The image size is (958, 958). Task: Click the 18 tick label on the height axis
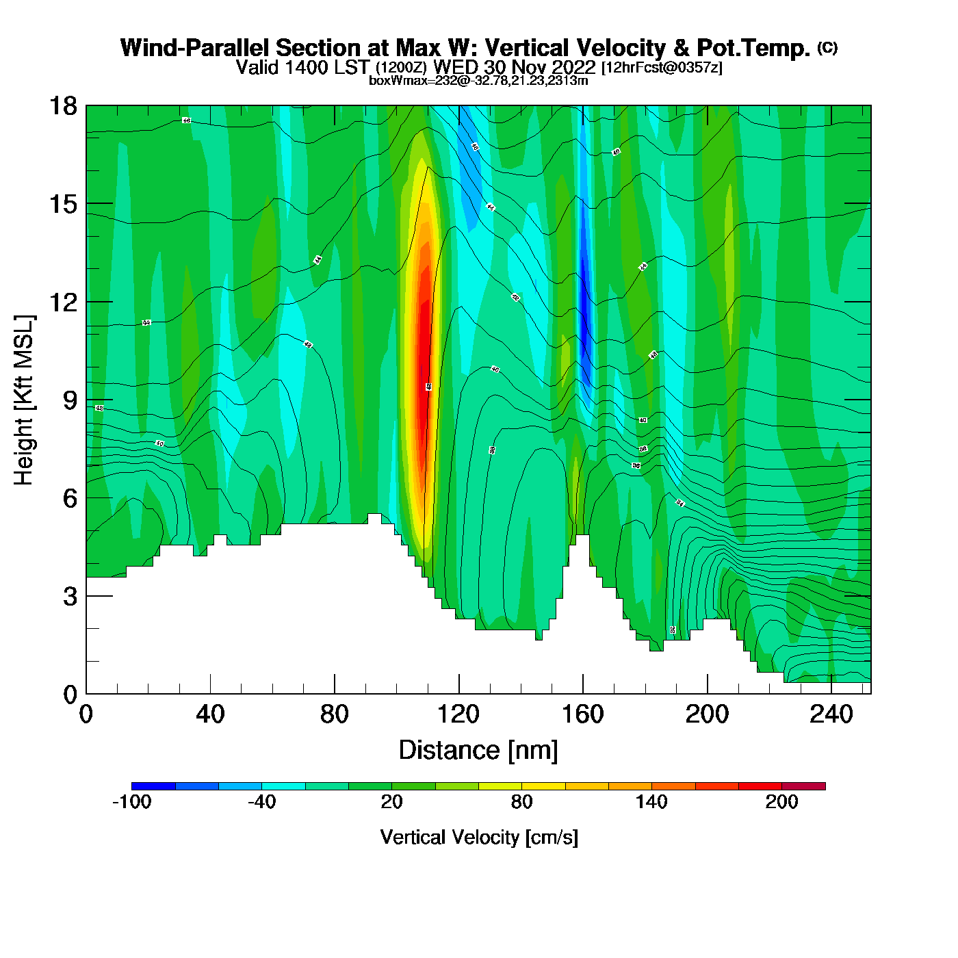pyautogui.click(x=62, y=106)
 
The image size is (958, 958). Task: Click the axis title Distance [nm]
pyautogui.click(x=478, y=751)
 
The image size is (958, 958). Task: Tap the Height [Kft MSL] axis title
pyautogui.click(x=24, y=400)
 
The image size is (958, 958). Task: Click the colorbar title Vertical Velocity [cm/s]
pyautogui.click(x=479, y=837)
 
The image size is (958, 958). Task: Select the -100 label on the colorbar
pyautogui.click(x=131, y=803)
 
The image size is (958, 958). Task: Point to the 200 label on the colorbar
pyautogui.click(x=781, y=803)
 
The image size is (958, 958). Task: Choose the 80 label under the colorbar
pyautogui.click(x=521, y=803)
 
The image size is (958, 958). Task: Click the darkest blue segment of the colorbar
pyautogui.click(x=153, y=786)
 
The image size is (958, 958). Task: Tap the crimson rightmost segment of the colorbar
pyautogui.click(x=803, y=786)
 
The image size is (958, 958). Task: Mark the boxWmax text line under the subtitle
pyautogui.click(x=478, y=81)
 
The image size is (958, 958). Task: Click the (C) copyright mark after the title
pyautogui.click(x=827, y=47)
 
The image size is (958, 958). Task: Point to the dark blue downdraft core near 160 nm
pyautogui.click(x=584, y=301)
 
